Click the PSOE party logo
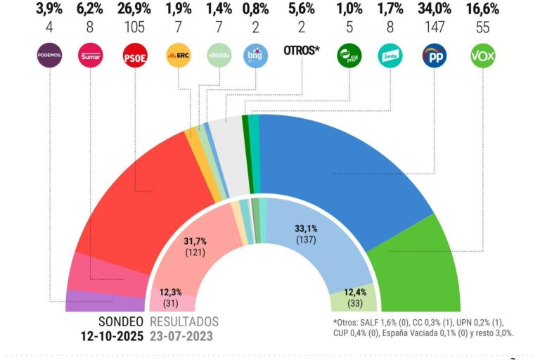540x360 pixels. click(134, 55)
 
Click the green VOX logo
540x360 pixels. click(482, 55)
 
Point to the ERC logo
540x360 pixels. click(178, 55)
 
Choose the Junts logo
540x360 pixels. click(390, 55)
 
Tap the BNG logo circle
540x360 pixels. click(256, 55)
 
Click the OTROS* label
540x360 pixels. click(301, 51)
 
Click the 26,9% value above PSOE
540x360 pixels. click(134, 9)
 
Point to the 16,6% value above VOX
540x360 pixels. click(482, 9)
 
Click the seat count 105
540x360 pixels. click(134, 28)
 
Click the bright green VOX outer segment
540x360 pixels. click(415, 260)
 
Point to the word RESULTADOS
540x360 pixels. click(184, 321)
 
